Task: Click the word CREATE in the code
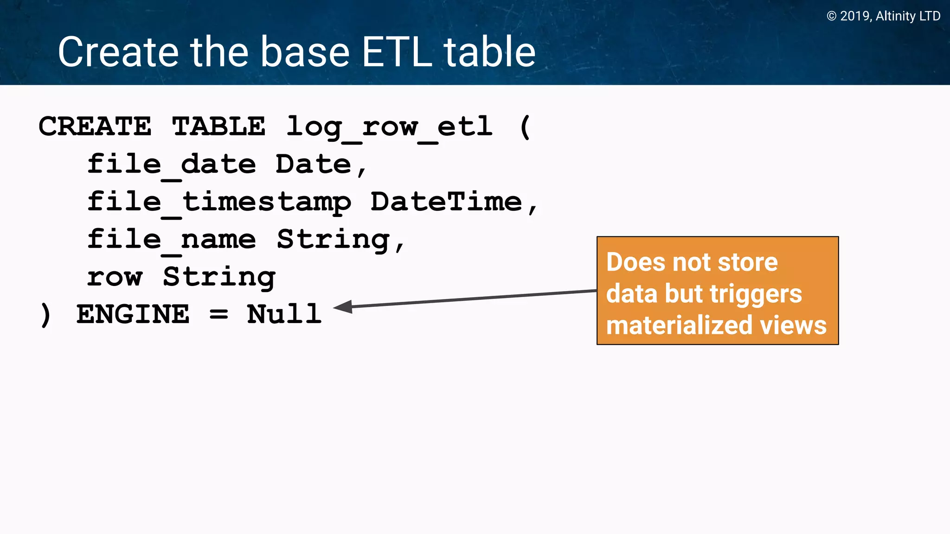pos(95,127)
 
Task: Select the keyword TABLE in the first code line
pos(218,127)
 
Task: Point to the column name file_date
pos(171,165)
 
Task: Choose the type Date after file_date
pos(313,165)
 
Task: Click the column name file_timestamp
pos(218,203)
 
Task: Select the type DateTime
pos(446,202)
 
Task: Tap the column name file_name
pos(171,240)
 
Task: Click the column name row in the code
pos(115,278)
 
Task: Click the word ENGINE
pos(133,315)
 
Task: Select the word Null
pos(284,315)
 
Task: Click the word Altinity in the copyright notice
pos(895,16)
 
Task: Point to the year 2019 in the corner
pos(854,16)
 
